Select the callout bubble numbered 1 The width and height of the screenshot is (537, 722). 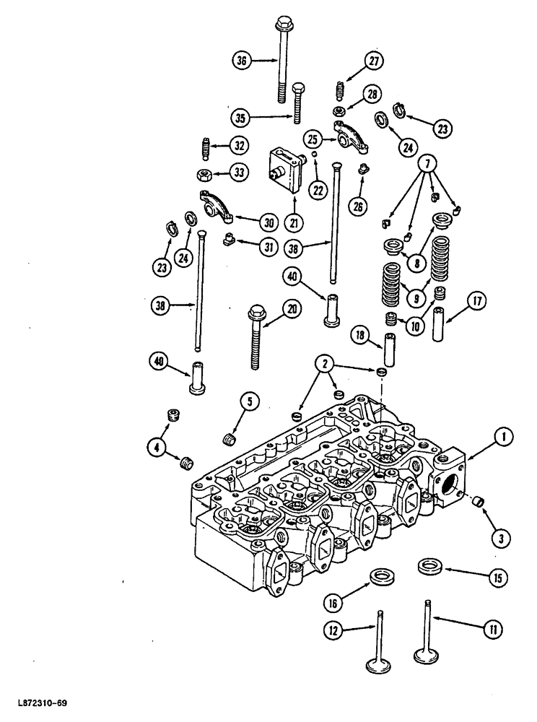tap(503, 435)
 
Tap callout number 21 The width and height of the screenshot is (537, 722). tap(293, 221)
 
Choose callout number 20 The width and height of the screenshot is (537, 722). tap(292, 309)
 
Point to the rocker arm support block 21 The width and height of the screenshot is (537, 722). tap(283, 168)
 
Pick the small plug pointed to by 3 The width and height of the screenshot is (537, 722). tap(477, 500)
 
